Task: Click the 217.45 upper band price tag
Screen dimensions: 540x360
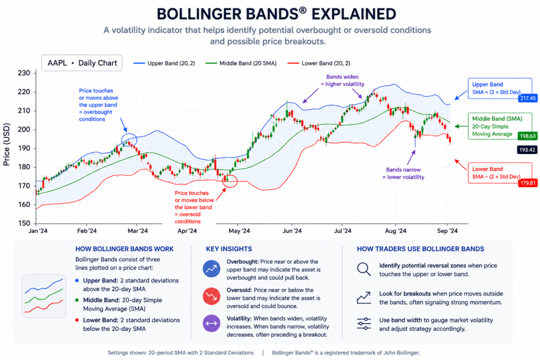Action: [x=527, y=98]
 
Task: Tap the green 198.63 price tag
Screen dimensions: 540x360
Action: [x=527, y=136]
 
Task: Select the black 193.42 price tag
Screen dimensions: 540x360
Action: [x=527, y=150]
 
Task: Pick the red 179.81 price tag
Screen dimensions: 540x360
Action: [x=527, y=183]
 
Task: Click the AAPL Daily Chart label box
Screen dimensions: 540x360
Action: [x=82, y=63]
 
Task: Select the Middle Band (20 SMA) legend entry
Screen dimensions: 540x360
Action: [x=240, y=63]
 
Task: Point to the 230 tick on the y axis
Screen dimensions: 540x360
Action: [x=24, y=73]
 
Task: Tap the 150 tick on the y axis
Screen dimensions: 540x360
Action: [x=24, y=223]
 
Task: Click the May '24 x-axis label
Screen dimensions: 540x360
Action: [x=239, y=230]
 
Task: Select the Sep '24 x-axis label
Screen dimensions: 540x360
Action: [x=447, y=230]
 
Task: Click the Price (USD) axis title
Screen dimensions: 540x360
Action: [x=6, y=144]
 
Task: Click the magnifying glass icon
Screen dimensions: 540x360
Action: [x=364, y=269]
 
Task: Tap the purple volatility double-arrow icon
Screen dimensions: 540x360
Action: [x=211, y=324]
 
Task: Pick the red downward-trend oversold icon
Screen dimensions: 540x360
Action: [x=211, y=296]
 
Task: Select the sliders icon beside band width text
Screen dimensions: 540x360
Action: [x=364, y=324]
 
